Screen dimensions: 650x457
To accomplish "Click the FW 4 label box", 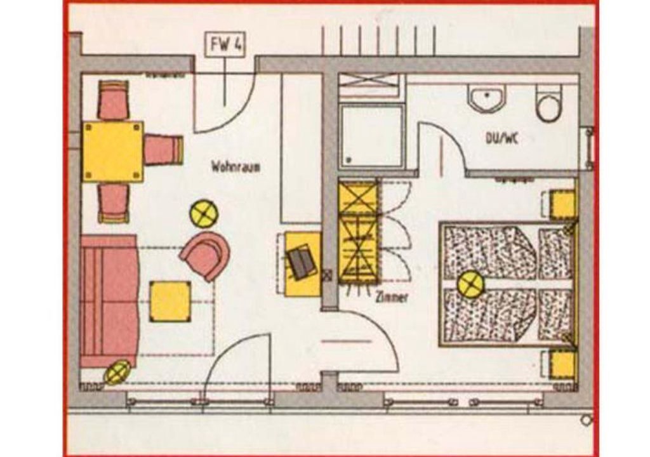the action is click(225, 44).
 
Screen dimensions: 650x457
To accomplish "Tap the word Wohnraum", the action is click(235, 167).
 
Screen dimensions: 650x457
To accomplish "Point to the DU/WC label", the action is click(502, 138).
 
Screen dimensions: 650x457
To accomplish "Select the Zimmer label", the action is click(392, 297).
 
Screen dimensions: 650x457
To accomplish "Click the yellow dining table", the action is click(113, 152).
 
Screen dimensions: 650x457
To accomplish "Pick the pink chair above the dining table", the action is click(113, 101).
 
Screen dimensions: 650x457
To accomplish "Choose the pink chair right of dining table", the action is click(164, 150).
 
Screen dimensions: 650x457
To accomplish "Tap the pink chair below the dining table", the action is click(113, 203).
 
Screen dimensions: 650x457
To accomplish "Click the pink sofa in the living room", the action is click(109, 301).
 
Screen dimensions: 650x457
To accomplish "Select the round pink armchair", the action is click(206, 256).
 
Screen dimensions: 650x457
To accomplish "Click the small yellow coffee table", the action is click(170, 301).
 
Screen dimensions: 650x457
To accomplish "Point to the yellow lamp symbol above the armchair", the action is click(204, 213).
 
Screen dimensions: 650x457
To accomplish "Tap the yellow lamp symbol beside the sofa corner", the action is click(117, 373).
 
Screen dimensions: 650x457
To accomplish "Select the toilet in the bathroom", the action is click(548, 103).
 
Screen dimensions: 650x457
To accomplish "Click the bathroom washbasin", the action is click(487, 98).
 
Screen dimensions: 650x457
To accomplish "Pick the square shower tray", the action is click(371, 136).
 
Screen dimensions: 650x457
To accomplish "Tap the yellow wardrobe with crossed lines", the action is click(359, 233).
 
